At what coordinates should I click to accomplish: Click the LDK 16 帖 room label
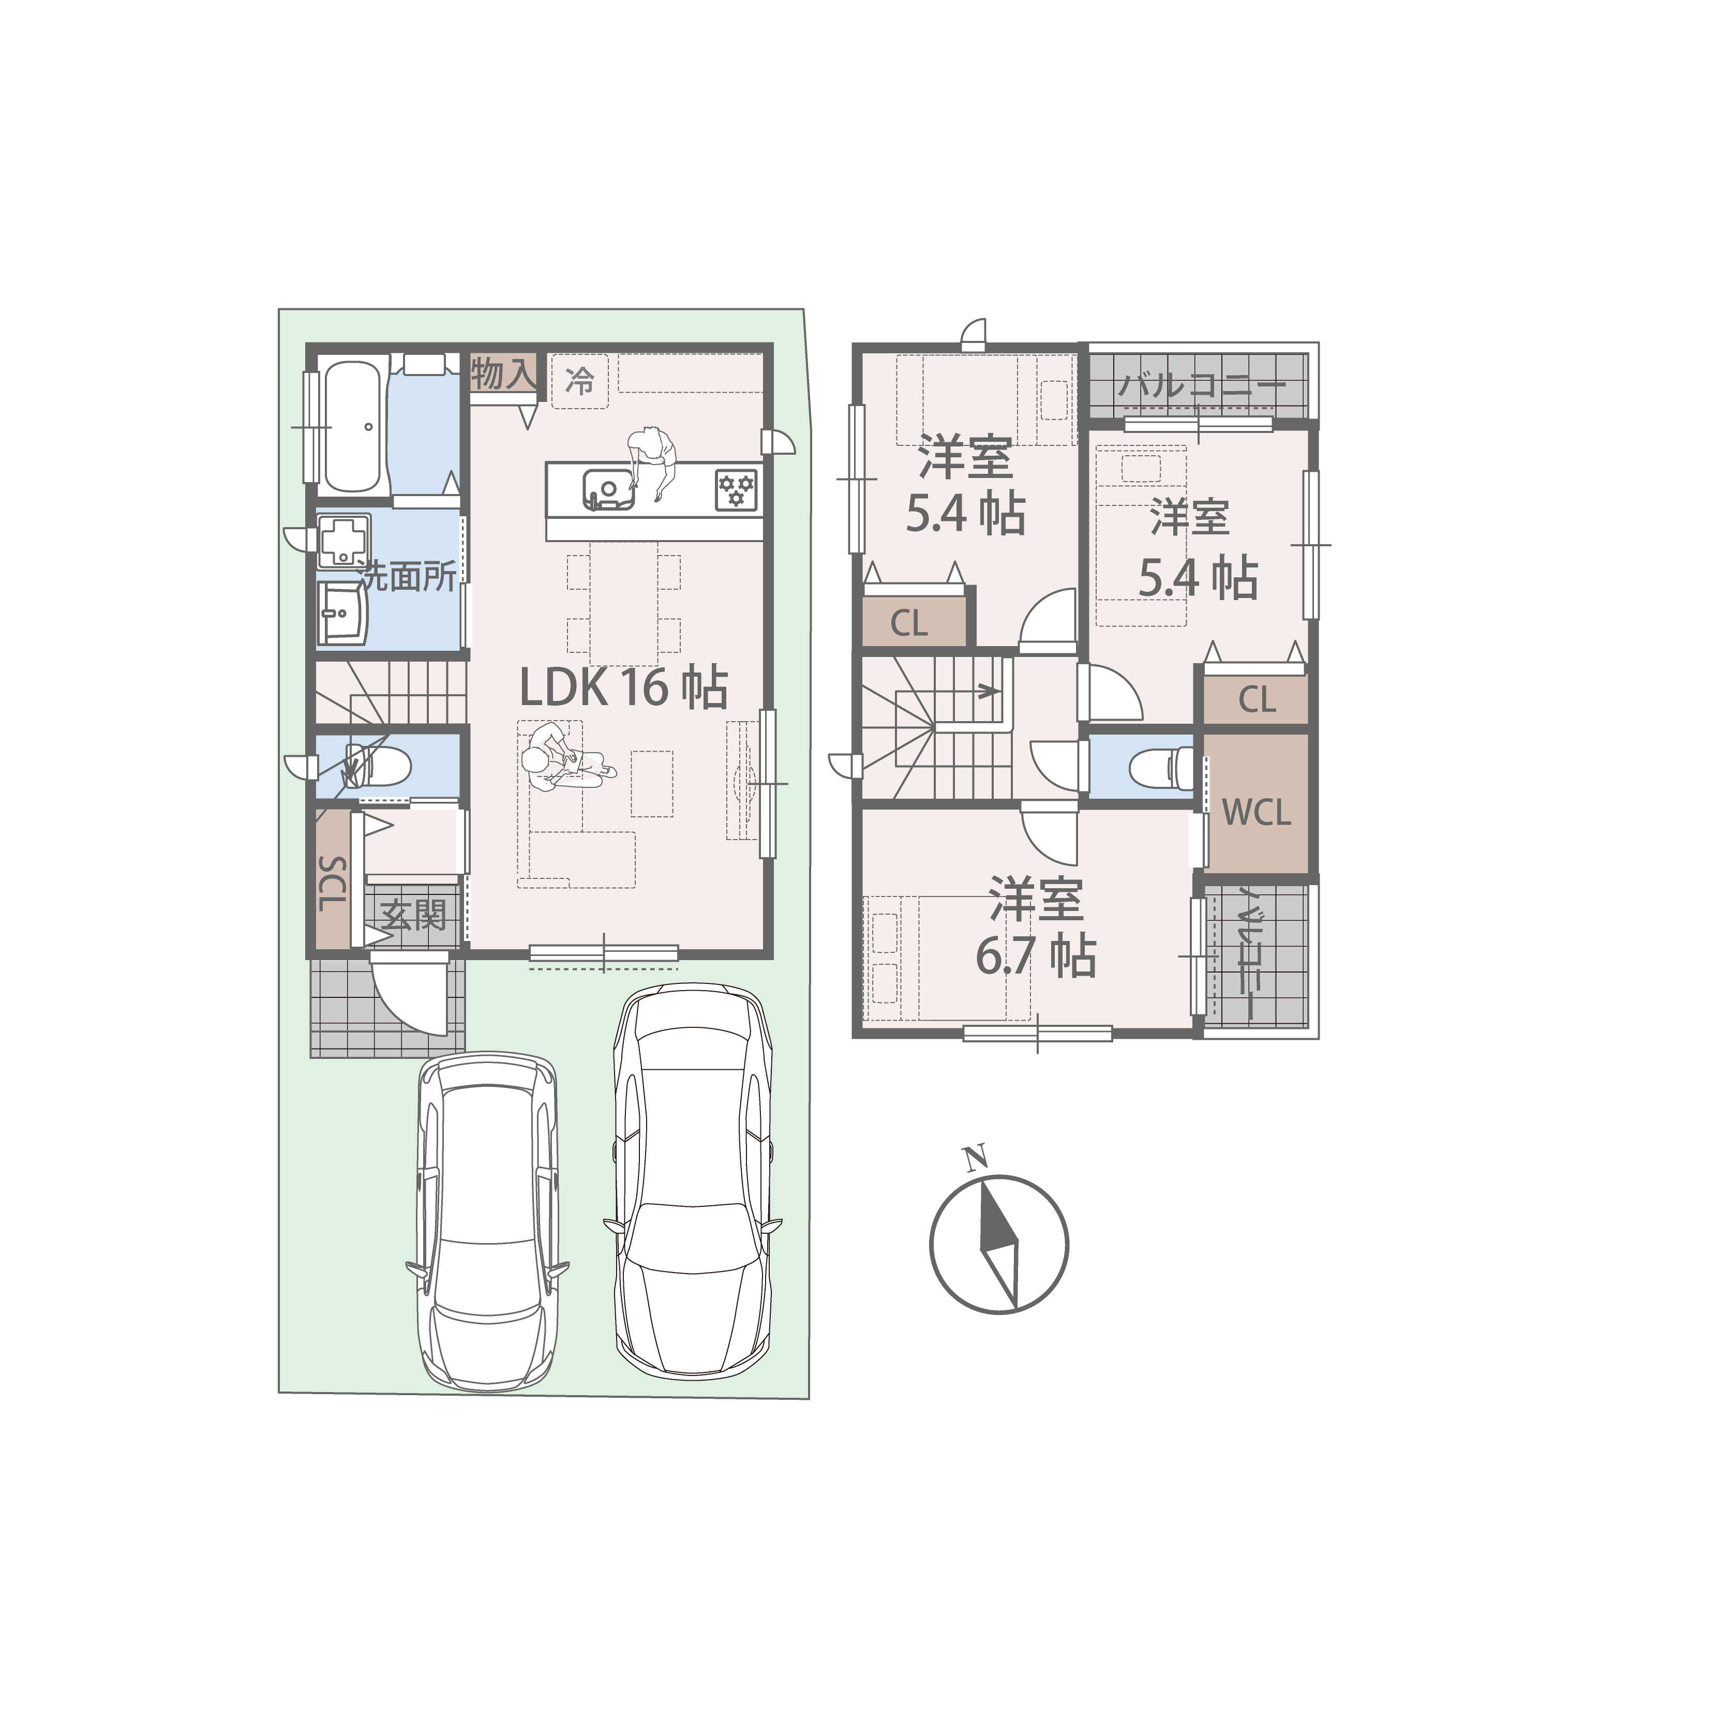(x=624, y=688)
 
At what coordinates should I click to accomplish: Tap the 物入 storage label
(x=504, y=373)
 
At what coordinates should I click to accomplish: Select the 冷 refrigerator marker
(x=580, y=383)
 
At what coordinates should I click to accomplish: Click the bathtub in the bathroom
(x=353, y=426)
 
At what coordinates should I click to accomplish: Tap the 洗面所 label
(x=408, y=577)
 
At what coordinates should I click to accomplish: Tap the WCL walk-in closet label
(x=1257, y=812)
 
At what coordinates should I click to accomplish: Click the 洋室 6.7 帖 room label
(x=1036, y=927)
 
